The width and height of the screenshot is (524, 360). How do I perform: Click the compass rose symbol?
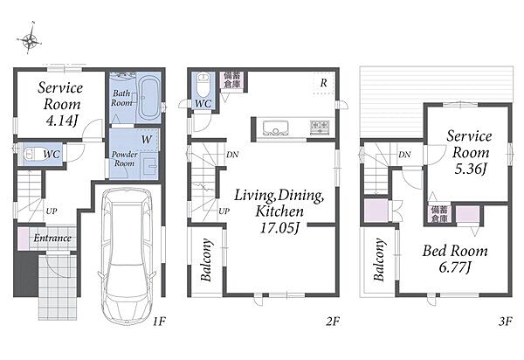[30, 40]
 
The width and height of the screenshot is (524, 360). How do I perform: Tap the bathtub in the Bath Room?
[149, 98]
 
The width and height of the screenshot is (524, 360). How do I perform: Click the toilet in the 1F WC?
[32, 154]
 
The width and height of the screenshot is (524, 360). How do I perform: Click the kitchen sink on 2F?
[276, 128]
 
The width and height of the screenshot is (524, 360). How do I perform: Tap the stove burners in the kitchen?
[320, 128]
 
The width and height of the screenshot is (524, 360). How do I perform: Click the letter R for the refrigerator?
[323, 83]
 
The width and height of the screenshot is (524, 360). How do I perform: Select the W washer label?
[147, 139]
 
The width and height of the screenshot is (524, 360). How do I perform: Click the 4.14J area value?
[62, 121]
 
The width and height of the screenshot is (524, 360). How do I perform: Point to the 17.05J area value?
[279, 228]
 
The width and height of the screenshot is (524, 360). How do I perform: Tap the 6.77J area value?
[455, 267]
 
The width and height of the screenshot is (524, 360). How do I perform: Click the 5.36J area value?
[470, 169]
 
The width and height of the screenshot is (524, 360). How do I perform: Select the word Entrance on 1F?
[52, 238]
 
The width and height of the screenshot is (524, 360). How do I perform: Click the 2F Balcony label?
[206, 260]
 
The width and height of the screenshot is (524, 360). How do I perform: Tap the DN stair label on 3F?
[404, 155]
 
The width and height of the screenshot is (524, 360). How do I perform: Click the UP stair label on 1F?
[52, 211]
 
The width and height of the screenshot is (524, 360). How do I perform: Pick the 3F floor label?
[506, 322]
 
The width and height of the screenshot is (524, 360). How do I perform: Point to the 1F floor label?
[160, 322]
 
